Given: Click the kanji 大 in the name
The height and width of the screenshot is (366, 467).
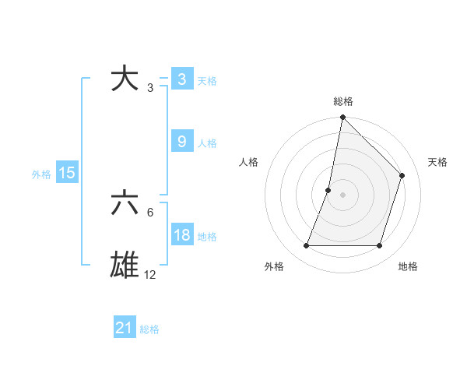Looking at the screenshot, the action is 125,79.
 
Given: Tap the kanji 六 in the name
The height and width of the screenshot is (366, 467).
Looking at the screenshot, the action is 125,203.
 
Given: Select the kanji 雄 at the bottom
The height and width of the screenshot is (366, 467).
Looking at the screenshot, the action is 125,264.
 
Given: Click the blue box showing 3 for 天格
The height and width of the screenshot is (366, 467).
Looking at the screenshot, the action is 181,79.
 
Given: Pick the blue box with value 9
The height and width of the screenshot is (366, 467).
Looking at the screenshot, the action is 181,142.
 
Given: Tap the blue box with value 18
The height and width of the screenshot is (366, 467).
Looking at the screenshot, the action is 181,236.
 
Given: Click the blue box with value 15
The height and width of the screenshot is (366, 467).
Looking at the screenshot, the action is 67,174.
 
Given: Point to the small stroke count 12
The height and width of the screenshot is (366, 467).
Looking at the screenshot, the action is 149,275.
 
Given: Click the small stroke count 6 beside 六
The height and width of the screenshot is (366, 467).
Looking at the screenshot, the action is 149,212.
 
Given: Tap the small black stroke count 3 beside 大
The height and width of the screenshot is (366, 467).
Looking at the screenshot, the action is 149,88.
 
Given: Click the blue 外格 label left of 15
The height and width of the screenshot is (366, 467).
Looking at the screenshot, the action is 41,174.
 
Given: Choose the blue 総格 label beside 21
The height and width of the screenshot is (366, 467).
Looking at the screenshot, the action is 149,329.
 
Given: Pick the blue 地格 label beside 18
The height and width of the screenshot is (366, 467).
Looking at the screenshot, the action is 207,237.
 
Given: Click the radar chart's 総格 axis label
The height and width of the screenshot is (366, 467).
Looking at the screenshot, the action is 342,101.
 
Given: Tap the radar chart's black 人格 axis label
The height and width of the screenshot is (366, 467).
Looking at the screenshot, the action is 249,162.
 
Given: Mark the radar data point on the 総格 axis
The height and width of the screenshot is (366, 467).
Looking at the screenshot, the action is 342,118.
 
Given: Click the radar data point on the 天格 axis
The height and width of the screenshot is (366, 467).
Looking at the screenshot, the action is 402,175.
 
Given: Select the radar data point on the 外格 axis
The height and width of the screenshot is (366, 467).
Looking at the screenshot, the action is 306,246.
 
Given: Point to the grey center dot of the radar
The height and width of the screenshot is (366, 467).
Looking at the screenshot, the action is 342,195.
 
